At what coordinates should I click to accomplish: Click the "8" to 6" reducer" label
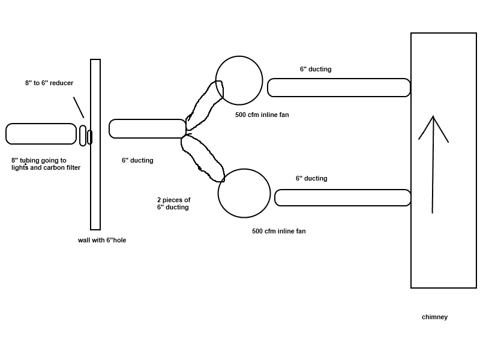(x=49, y=83)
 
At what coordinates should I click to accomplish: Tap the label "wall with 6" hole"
(x=102, y=241)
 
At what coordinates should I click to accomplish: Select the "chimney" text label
(x=434, y=317)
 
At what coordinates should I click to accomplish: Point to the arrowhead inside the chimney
(x=433, y=116)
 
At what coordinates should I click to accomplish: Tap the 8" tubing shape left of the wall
(x=41, y=124)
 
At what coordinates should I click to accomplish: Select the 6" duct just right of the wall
(x=147, y=119)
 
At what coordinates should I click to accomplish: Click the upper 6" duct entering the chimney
(x=338, y=79)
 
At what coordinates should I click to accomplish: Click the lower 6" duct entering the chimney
(x=343, y=190)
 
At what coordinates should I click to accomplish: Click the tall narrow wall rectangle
(x=91, y=145)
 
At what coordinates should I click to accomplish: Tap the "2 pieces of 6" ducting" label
(x=174, y=203)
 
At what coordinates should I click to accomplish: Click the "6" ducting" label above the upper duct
(x=316, y=69)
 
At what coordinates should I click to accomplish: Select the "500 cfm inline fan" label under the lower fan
(x=279, y=232)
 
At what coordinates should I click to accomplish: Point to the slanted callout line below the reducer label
(x=79, y=107)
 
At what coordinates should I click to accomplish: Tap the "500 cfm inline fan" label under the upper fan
(x=262, y=115)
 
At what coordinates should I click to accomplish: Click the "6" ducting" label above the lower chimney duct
(x=311, y=178)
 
